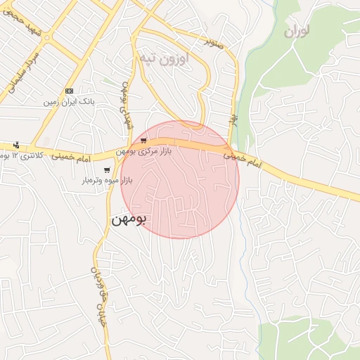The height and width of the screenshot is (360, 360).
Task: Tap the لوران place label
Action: click(x=297, y=32)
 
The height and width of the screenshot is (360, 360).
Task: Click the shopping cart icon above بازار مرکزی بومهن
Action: click(x=144, y=141)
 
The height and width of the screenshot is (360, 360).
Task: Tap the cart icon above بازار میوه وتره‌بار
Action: click(x=107, y=169)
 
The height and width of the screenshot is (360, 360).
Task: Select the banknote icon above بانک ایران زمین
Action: click(x=69, y=91)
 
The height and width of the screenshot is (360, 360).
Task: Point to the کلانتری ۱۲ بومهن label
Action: click(x=21, y=154)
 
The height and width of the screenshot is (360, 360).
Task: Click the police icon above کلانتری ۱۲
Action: click(x=16, y=143)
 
